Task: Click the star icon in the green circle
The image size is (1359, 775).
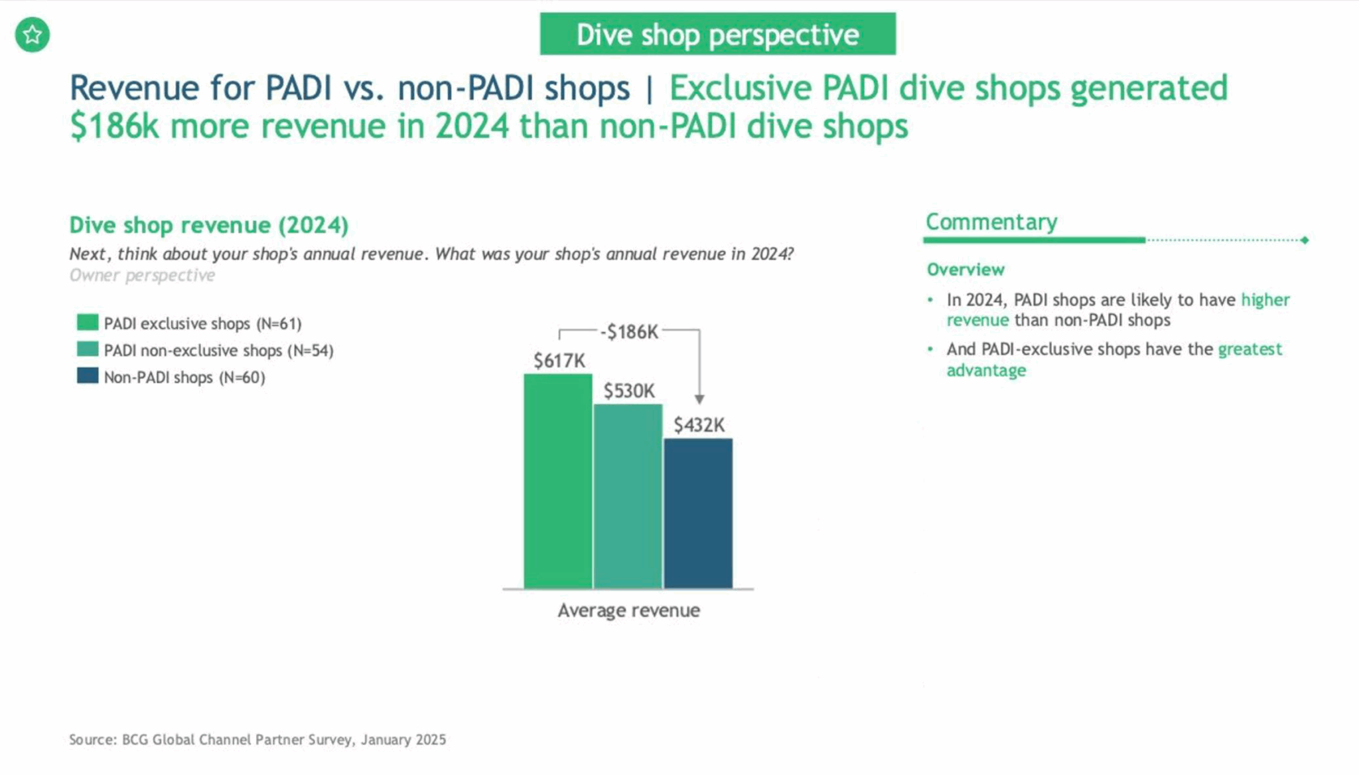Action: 33,35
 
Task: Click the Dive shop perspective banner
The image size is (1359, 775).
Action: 717,35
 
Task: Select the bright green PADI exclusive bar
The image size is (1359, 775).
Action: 557,481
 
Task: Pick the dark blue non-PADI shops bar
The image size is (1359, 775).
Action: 698,513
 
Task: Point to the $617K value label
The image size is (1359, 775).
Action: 559,361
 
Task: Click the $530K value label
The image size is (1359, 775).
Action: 628,391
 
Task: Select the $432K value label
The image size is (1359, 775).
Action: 699,425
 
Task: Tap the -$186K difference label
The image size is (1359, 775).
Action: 629,331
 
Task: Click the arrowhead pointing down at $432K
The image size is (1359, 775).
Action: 699,399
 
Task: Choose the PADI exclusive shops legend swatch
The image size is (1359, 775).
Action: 88,323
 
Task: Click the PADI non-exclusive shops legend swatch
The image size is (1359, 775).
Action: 88,349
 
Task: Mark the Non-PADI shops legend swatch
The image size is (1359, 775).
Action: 88,376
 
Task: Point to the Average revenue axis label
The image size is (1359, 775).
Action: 628,610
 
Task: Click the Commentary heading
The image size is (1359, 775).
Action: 991,222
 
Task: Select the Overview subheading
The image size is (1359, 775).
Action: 966,270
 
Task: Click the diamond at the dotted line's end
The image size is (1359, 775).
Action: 1305,240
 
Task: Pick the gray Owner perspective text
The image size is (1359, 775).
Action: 142,276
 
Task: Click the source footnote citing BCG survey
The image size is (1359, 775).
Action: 257,739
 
